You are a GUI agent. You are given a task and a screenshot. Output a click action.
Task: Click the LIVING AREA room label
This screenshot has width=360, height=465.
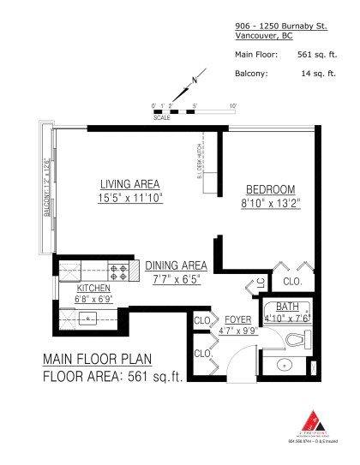(x=129, y=184)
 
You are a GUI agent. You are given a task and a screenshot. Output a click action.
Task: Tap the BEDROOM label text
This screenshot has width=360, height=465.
(x=270, y=189)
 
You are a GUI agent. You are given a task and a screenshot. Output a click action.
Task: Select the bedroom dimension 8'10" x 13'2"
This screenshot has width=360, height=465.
(x=269, y=203)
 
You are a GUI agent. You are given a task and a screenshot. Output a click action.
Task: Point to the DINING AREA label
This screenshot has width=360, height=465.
(x=177, y=265)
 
